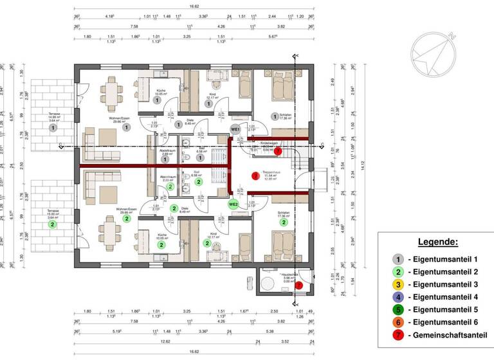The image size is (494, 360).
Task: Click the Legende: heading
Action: (x=438, y=242)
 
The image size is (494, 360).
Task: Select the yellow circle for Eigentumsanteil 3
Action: (x=398, y=284)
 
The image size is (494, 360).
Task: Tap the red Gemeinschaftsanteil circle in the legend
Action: (x=398, y=335)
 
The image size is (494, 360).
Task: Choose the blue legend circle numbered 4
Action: (x=398, y=297)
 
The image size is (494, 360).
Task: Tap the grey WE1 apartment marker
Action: (x=235, y=130)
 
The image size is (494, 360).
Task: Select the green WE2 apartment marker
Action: (x=233, y=204)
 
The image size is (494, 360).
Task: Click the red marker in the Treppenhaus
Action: (x=255, y=174)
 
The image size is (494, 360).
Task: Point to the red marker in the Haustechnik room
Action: (x=298, y=285)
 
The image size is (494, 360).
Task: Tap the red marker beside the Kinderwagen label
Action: (x=277, y=151)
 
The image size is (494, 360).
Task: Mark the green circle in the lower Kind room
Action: (x=209, y=244)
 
